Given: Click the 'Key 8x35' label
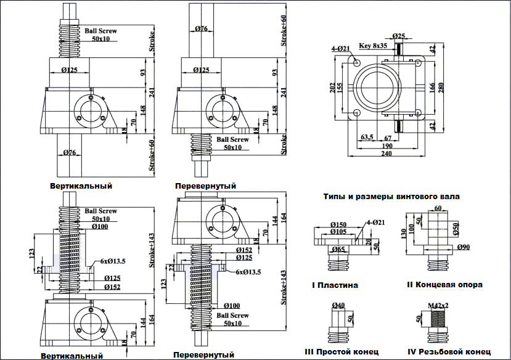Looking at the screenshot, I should pos(373,46).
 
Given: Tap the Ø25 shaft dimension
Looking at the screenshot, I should pos(398,36).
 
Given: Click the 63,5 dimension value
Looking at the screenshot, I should pos(367,137).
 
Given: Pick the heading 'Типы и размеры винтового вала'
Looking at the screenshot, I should pos(391,197).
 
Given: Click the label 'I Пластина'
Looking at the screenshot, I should pos(335,285).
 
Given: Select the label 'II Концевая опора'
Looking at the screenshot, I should pos(444,285).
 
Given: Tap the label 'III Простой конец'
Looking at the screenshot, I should pos(341,351).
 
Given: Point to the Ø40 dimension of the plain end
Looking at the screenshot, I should pos(338,305).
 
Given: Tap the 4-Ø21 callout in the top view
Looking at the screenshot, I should pos(340,48).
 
